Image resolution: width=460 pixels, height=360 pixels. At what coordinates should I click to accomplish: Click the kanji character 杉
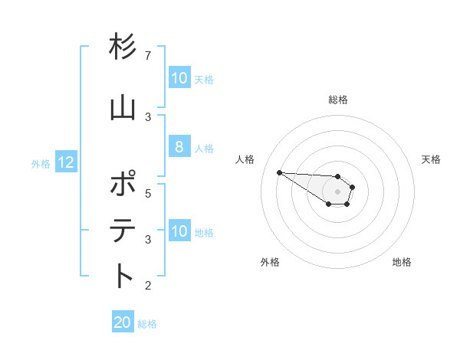123,47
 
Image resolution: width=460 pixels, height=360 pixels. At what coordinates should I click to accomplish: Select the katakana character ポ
123,185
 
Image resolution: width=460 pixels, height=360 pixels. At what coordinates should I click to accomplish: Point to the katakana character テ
123,231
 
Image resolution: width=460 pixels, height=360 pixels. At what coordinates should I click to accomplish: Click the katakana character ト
123,276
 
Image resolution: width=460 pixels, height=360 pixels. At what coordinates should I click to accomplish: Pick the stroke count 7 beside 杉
148,56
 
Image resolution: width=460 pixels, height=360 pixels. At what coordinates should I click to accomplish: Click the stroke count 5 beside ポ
148,193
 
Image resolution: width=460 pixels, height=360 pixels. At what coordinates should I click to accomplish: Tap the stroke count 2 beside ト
148,286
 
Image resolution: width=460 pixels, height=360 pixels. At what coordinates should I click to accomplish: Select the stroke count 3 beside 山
148,116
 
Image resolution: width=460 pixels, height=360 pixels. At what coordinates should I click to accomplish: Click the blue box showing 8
179,147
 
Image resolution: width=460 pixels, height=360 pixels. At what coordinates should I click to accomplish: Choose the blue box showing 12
66,162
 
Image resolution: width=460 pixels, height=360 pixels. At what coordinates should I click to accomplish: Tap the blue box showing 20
123,322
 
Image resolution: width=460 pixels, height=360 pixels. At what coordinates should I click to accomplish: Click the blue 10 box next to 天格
179,78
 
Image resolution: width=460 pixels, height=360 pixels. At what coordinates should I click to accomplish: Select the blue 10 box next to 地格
179,231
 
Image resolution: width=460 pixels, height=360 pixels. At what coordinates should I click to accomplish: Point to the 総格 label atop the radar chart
338,100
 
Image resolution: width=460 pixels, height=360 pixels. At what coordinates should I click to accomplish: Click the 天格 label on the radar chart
432,159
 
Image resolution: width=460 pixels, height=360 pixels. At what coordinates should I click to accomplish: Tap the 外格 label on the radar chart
270,262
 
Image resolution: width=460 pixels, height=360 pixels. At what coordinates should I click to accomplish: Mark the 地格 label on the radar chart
402,262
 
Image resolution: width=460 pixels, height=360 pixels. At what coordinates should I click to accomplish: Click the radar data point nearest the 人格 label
279,172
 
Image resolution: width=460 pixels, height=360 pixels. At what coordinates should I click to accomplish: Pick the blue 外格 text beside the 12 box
41,163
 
